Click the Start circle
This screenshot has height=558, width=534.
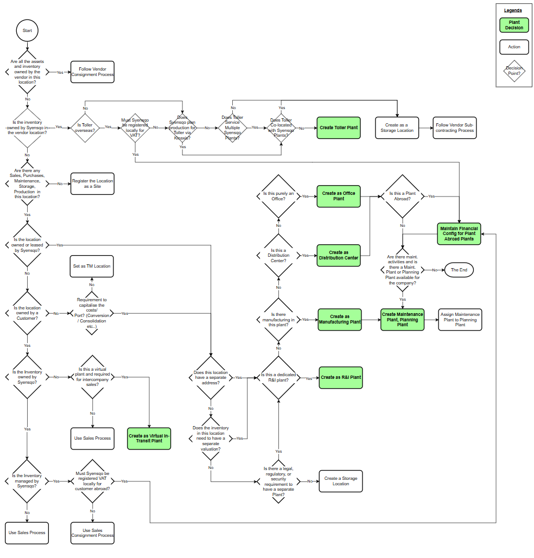(27, 30)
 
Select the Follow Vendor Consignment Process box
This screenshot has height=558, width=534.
(92, 72)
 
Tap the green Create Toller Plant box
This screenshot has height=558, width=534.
(339, 128)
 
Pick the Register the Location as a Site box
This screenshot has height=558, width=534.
(92, 183)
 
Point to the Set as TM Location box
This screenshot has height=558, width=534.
(92, 266)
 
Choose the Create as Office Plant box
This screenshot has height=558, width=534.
(339, 196)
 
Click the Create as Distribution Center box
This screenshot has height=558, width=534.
(339, 255)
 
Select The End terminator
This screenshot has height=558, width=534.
(459, 270)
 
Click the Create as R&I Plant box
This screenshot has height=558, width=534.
(340, 377)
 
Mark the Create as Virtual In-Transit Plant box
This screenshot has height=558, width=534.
(149, 438)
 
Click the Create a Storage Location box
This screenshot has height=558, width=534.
(340, 481)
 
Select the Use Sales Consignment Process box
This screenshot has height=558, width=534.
(92, 532)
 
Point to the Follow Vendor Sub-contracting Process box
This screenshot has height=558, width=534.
(454, 128)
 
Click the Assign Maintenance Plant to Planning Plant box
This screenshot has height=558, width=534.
(460, 319)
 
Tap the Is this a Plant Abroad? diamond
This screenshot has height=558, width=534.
(403, 196)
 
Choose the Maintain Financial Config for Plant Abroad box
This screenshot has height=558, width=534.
(459, 233)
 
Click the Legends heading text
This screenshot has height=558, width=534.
(513, 10)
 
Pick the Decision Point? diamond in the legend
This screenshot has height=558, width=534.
(513, 71)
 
